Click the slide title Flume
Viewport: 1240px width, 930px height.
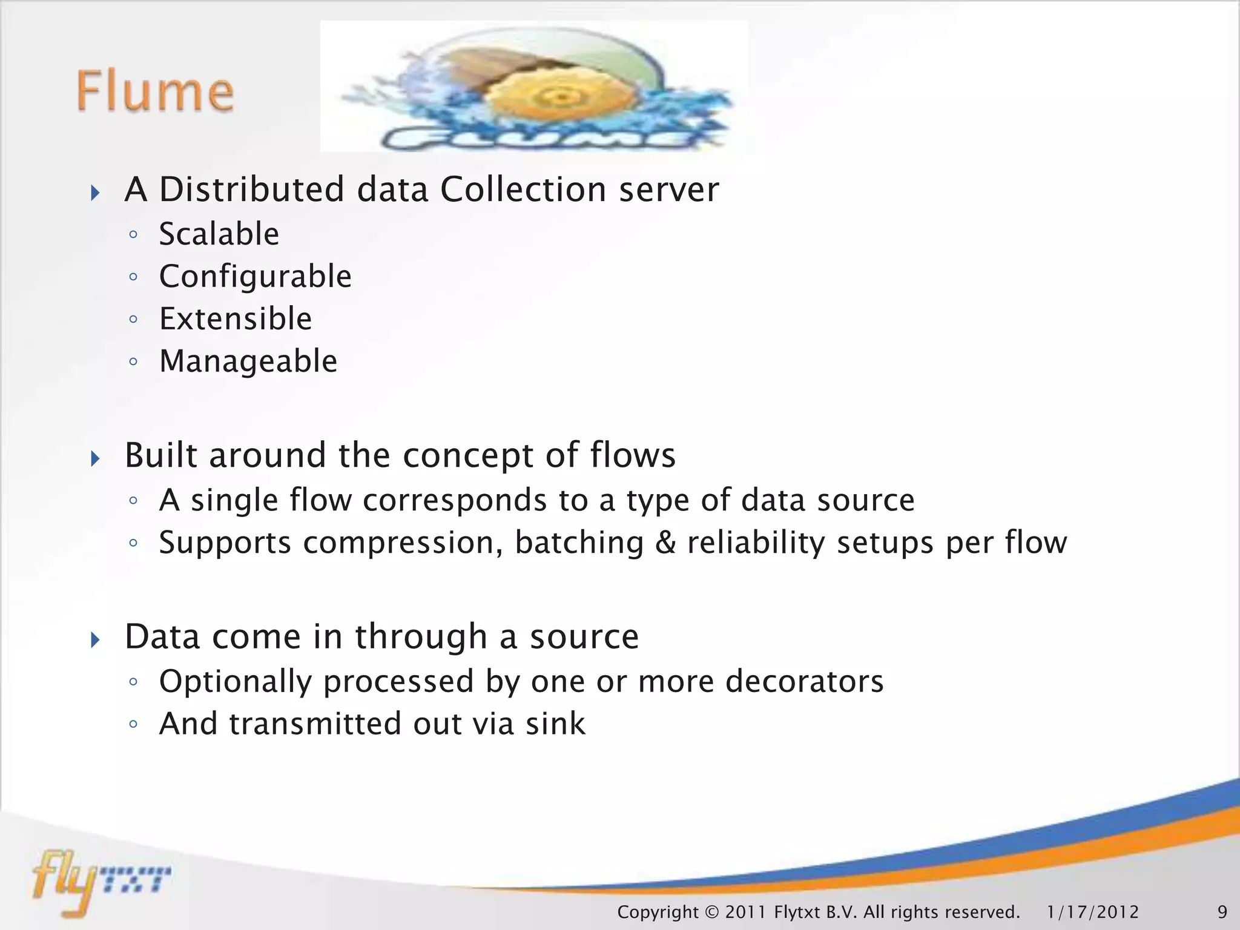coord(155,92)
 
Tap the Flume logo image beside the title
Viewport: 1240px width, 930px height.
coord(534,87)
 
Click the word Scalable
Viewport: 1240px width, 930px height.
coord(219,234)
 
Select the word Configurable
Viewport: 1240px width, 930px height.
coord(255,277)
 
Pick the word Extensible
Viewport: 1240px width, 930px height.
coord(236,319)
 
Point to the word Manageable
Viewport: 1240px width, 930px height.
coord(248,361)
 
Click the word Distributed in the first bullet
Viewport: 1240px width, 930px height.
coord(251,190)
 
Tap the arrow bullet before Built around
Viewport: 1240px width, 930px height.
coord(95,458)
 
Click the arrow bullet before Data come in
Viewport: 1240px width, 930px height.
coord(95,639)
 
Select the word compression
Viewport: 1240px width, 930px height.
coord(403,543)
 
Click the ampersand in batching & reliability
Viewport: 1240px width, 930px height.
coord(665,542)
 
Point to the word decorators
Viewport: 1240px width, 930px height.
coord(804,682)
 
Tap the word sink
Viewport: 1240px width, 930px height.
coord(555,724)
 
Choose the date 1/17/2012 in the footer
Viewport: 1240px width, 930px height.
coord(1092,912)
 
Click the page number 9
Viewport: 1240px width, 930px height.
coord(1222,912)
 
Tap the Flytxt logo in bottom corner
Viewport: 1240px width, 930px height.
coord(100,881)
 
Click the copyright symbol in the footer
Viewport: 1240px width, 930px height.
coord(711,912)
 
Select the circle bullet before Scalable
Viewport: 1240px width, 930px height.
coord(134,236)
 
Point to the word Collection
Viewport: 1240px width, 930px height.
coord(523,190)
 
